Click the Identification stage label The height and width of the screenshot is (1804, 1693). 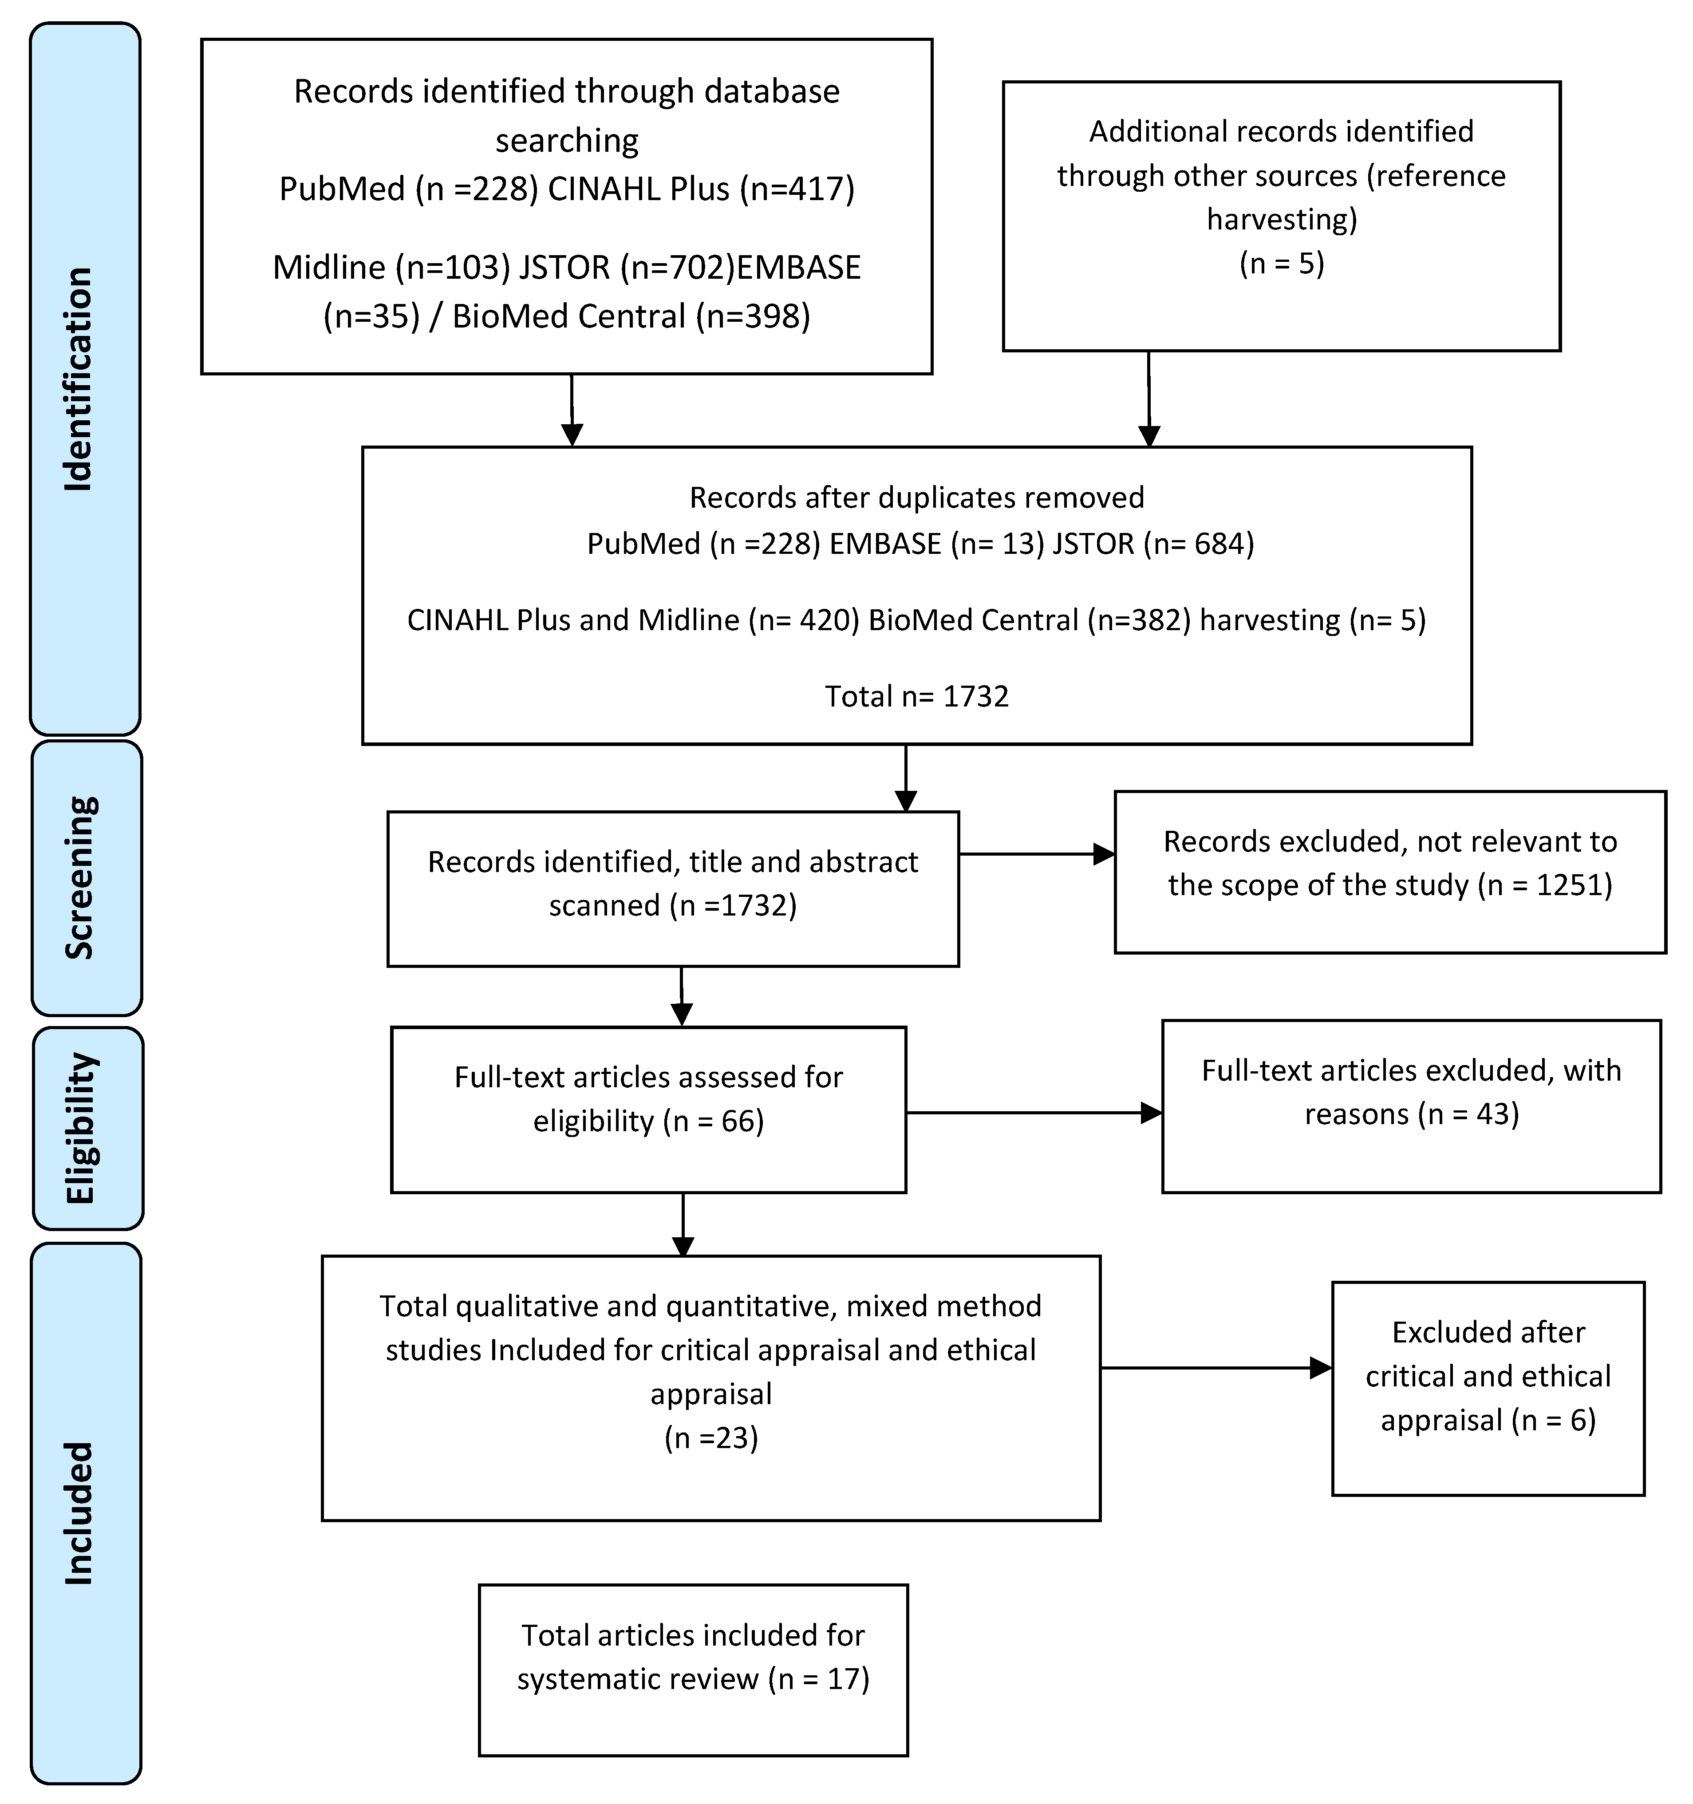point(79,379)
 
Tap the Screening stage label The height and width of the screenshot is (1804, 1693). point(80,877)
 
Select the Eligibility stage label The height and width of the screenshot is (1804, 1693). point(81,1128)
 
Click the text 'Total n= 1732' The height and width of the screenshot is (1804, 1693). point(916,696)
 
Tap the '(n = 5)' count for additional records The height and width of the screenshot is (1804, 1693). point(1281,263)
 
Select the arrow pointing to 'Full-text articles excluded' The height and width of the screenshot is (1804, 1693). point(1034,1113)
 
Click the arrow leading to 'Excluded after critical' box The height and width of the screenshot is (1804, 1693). point(1217,1369)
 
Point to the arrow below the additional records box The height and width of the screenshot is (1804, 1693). point(1148,399)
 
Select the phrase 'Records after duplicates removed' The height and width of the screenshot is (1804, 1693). point(916,497)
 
